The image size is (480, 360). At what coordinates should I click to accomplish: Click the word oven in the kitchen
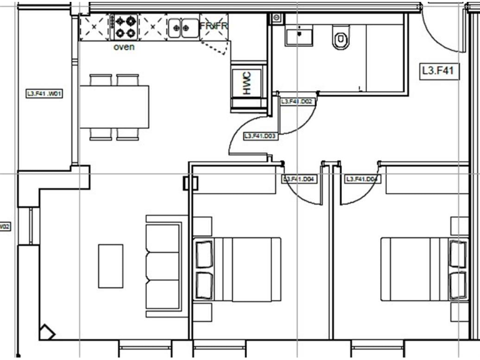tap(124, 47)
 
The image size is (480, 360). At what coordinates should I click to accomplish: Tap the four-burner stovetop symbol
tap(124, 27)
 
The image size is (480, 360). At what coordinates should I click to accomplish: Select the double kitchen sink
tap(182, 27)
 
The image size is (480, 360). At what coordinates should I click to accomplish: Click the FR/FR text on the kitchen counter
tap(214, 26)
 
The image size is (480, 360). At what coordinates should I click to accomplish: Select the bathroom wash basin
tap(299, 37)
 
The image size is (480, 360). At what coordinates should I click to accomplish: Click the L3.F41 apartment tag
tap(436, 72)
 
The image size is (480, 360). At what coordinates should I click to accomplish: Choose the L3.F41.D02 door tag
tap(297, 101)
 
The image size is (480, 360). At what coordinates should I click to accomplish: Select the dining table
tap(114, 106)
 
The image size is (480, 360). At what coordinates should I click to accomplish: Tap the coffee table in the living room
tap(110, 266)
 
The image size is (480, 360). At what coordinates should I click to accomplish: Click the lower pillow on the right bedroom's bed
tap(459, 284)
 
